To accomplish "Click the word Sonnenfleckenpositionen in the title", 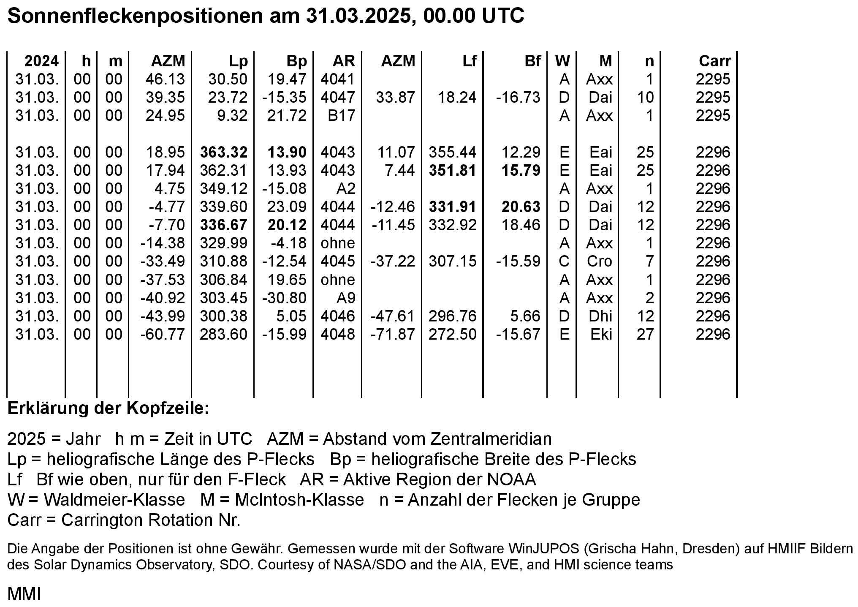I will click(x=134, y=16).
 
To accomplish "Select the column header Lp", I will click(x=238, y=61).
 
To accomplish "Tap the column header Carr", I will click(x=714, y=61).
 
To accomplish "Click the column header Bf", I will click(x=532, y=61).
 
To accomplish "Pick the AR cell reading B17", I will click(x=341, y=116).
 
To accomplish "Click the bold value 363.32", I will click(x=224, y=152).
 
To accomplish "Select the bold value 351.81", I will click(x=453, y=171).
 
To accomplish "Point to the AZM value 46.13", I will click(x=165, y=79).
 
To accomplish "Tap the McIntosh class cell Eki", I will click(x=601, y=335).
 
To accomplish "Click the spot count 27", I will click(x=645, y=335).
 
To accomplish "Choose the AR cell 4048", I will click(x=337, y=335).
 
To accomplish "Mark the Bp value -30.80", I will click(x=284, y=298).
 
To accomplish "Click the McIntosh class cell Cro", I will click(x=599, y=261).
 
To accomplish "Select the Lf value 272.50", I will click(x=453, y=335).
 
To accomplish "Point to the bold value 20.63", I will click(x=521, y=207).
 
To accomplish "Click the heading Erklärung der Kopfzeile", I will click(x=109, y=409).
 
